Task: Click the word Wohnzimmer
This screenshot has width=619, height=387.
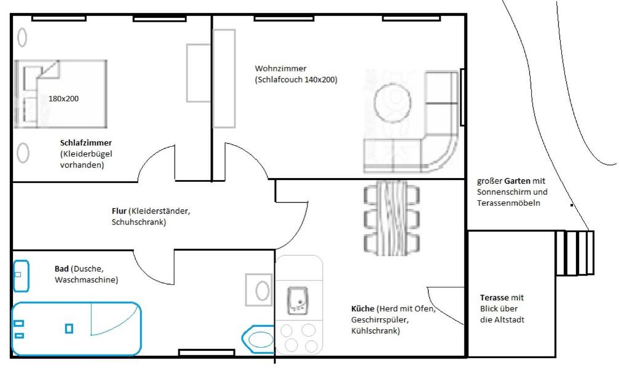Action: coord(280,68)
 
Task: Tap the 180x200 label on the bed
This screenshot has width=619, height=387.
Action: coord(63,99)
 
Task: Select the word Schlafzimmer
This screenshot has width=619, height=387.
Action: coord(85,143)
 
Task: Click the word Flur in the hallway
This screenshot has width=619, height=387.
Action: coord(119,211)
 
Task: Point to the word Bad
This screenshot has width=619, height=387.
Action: coord(61,268)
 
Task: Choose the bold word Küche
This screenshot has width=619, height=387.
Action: coord(363,308)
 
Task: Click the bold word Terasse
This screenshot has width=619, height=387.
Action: coord(494,297)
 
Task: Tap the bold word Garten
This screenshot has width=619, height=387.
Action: coord(517,181)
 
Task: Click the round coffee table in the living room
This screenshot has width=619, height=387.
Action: coord(392,103)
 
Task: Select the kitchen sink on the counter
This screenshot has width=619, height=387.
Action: coord(298,301)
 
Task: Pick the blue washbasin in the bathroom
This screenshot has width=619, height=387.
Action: coord(21,276)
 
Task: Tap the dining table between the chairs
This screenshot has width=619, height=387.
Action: coord(392,217)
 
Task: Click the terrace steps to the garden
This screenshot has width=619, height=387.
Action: coord(575,253)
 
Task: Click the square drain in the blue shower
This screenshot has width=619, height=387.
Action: coord(69,328)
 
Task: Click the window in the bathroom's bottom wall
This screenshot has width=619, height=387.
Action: coord(207,352)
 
